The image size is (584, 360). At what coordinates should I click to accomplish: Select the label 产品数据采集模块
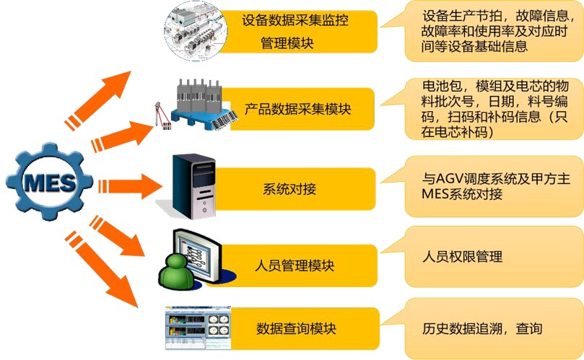click(x=297, y=110)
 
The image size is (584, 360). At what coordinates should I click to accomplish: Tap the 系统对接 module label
click(x=289, y=190)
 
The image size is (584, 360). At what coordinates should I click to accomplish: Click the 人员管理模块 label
click(x=295, y=265)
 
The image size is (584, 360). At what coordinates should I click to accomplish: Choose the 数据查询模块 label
click(x=296, y=330)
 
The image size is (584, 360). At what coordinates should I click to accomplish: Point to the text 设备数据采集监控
click(x=295, y=20)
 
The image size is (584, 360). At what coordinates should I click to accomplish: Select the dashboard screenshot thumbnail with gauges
click(x=199, y=328)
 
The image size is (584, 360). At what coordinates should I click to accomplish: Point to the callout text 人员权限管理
click(x=462, y=257)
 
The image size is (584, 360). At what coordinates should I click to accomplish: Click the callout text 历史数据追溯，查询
click(x=481, y=329)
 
